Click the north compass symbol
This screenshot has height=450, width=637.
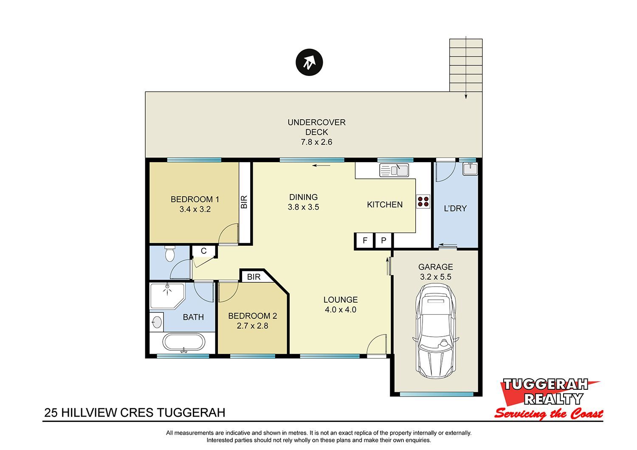coord(309,62)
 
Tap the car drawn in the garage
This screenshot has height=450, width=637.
coord(436,331)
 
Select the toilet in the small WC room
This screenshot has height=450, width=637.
coord(170,254)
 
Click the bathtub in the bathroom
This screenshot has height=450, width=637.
coord(183,343)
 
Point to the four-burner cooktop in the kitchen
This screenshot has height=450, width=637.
coord(423,202)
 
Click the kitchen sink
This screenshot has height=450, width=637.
coord(394,170)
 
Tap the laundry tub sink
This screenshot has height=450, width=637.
coord(470,169)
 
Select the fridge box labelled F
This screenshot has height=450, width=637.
coord(365,241)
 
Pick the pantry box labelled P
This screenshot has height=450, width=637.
coord(383,241)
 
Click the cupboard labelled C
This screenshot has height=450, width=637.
coord(203,251)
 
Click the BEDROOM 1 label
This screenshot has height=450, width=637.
coord(195,199)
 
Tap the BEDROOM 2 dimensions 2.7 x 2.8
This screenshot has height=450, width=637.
coord(253,326)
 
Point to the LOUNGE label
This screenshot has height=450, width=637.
coord(341,300)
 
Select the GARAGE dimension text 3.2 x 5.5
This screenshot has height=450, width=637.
coord(436,277)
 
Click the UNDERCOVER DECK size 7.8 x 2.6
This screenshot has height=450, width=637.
coord(316,142)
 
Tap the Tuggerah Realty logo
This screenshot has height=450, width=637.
coord(549,399)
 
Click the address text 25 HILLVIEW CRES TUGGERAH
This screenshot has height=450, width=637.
coord(135,413)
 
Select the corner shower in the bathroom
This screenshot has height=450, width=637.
coord(167,295)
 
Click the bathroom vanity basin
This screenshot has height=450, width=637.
coord(156,322)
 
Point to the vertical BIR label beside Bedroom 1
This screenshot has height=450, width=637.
coord(244,202)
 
